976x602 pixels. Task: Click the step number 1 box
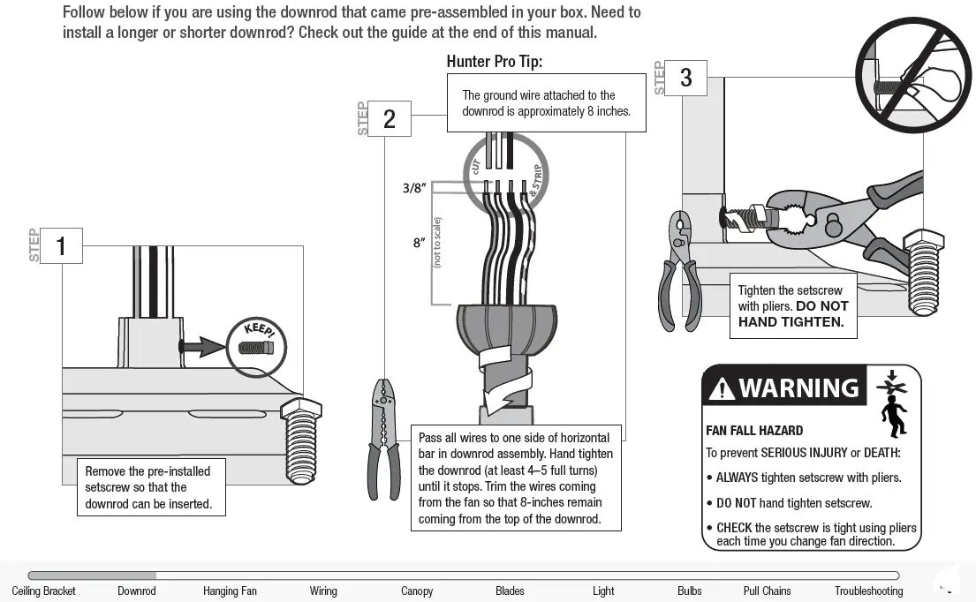tap(61, 245)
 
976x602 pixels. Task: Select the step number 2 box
tap(389, 119)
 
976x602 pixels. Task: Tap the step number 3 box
tap(685, 79)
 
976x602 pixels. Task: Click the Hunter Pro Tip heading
tap(494, 62)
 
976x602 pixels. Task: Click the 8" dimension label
tap(419, 243)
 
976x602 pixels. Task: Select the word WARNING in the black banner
tap(798, 388)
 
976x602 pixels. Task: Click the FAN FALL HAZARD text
tap(754, 431)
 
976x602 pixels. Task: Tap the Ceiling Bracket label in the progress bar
tap(44, 591)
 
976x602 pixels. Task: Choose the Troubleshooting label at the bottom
tap(868, 591)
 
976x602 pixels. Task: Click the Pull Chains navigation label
tap(767, 591)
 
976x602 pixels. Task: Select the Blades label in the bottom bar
tap(510, 591)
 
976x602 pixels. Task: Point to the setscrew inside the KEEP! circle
tap(257, 347)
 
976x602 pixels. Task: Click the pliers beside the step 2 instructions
tap(384, 437)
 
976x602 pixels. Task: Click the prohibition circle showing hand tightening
tap(913, 75)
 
